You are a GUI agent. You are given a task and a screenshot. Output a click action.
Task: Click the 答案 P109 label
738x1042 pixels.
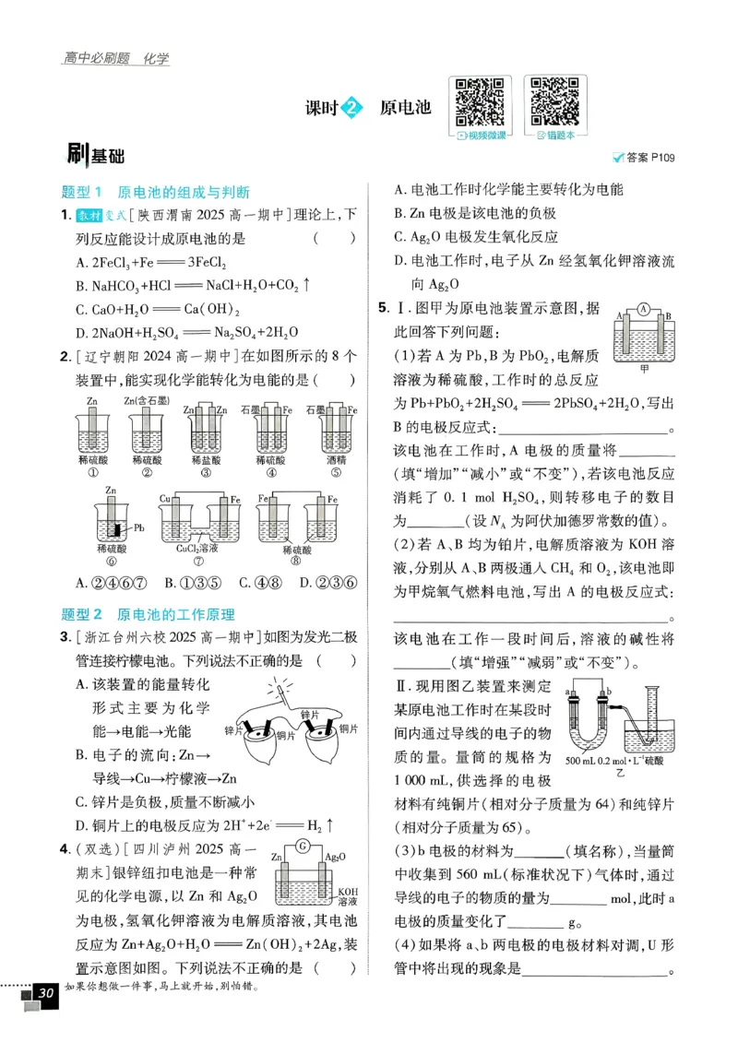[644, 158]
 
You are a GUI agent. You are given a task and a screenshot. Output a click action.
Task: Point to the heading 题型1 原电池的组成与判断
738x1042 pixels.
[155, 193]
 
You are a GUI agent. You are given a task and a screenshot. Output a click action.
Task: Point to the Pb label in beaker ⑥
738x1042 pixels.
[139, 528]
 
